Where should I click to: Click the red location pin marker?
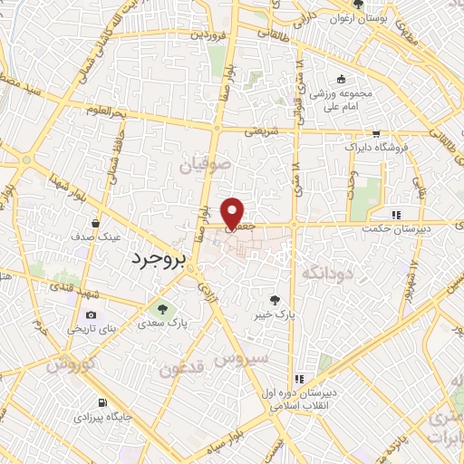(234, 212)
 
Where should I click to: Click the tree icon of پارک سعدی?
(163, 308)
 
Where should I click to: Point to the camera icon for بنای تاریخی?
(91, 315)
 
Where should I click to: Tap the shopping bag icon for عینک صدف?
(96, 223)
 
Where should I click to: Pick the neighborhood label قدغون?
(183, 369)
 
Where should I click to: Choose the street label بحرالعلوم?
(80, 110)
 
